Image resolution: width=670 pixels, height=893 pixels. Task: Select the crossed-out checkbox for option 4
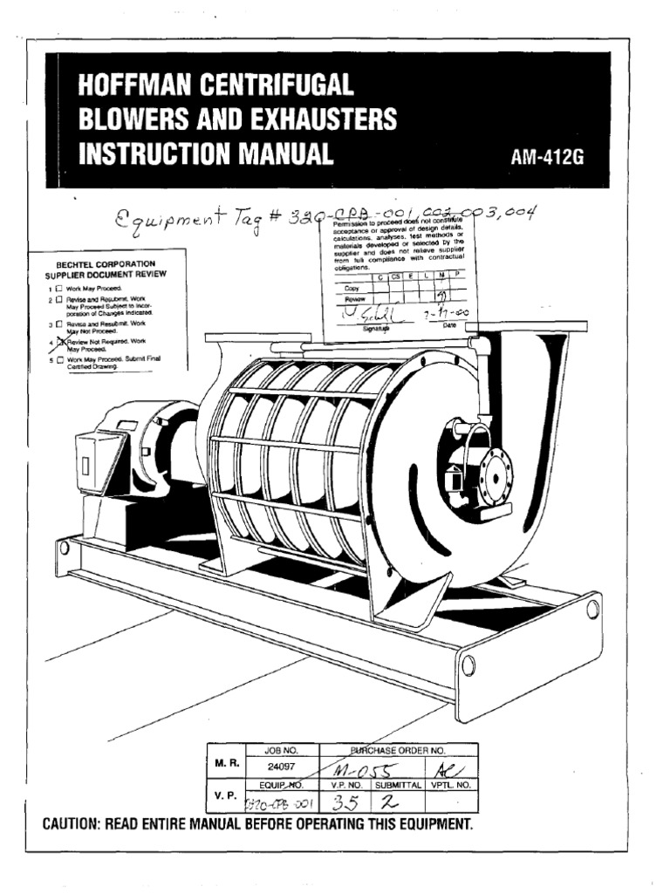click(x=61, y=344)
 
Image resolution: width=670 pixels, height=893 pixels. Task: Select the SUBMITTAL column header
click(x=398, y=784)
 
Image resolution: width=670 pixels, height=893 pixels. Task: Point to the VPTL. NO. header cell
click(x=450, y=784)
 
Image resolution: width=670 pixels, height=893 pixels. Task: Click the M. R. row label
click(x=226, y=761)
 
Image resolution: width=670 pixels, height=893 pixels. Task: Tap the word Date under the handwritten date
click(x=449, y=324)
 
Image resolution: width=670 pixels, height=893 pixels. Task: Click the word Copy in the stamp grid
click(x=352, y=287)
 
